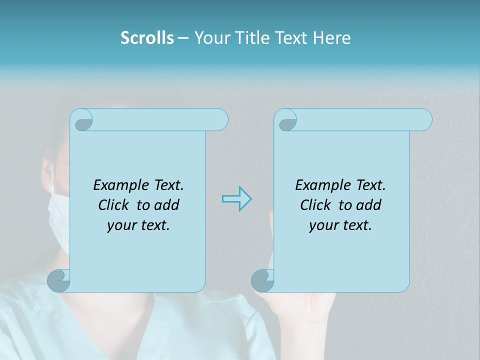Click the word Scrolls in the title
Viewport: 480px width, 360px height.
(147, 38)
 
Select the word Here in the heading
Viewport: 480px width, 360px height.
(331, 38)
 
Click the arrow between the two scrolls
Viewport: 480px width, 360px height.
(236, 199)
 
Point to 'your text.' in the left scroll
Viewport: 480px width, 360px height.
(138, 225)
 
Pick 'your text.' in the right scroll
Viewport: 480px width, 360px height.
(340, 225)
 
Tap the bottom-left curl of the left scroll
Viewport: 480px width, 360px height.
(59, 280)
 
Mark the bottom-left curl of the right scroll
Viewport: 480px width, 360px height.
(262, 280)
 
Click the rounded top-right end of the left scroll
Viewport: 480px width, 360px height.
(220, 120)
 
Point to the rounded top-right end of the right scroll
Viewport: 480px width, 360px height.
(424, 120)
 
